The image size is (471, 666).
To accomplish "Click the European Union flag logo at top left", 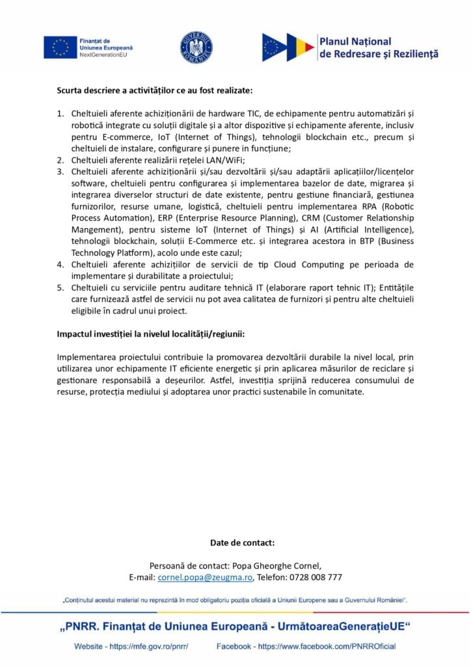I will pyautogui.click(x=61, y=47).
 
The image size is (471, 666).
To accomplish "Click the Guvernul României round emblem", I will pyautogui.click(x=196, y=47).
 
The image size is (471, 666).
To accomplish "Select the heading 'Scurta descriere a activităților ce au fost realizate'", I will pyautogui.click(x=155, y=90).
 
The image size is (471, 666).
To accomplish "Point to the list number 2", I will pyautogui.click(x=60, y=160).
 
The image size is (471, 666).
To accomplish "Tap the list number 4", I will pyautogui.click(x=60, y=264).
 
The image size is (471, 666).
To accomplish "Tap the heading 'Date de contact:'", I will pyautogui.click(x=242, y=542).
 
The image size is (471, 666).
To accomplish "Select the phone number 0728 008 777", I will pyautogui.click(x=316, y=577).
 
